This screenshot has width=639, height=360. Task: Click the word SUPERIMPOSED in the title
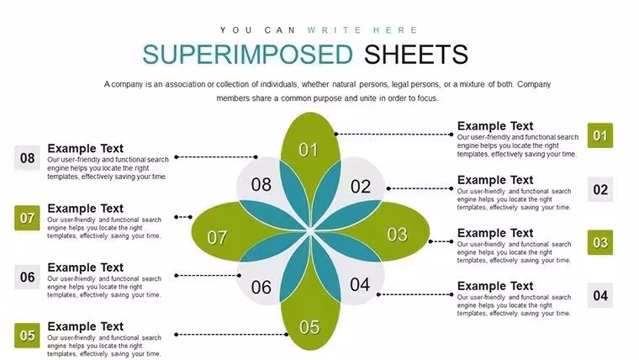(x=247, y=55)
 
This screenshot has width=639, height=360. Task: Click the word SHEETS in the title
(x=416, y=55)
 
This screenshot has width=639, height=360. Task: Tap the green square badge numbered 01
(x=599, y=135)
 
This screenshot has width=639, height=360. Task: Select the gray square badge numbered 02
(x=599, y=189)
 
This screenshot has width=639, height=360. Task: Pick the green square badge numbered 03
(x=599, y=242)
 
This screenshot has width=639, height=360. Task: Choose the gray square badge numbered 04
(x=599, y=295)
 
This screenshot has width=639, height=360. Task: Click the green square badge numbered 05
(x=27, y=336)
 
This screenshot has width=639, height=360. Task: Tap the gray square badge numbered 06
(x=27, y=277)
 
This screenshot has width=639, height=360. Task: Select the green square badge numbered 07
(x=27, y=218)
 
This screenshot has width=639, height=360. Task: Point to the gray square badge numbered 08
(x=27, y=158)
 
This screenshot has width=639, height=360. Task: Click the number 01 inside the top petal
(x=308, y=150)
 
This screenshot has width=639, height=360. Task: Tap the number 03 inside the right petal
(x=397, y=235)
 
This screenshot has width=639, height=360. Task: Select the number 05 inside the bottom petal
(x=309, y=327)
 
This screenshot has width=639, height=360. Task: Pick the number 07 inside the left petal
(x=217, y=238)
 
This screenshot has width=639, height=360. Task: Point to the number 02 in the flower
(x=361, y=187)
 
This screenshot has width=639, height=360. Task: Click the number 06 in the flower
(x=261, y=288)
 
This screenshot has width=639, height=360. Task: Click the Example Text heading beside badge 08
(x=85, y=148)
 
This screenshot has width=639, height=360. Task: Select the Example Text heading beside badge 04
(x=495, y=286)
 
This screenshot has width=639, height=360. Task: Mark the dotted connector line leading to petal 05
(x=231, y=334)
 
